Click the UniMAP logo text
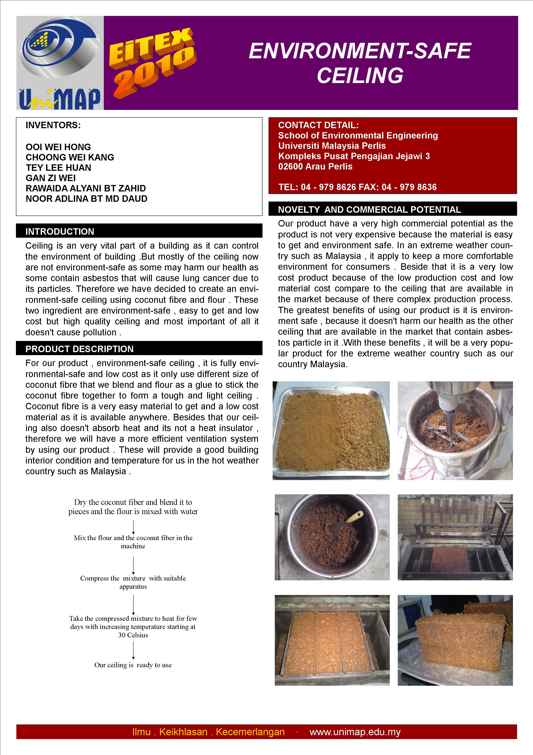pos(60,99)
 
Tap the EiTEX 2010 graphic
pos(152,62)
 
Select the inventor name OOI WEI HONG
pos(58,147)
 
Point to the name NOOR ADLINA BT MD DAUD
pos(87,199)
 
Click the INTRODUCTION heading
pos(60,231)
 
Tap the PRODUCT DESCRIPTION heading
pos(79,349)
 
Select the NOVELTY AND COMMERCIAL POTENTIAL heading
pos(369,210)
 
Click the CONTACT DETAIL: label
pos(318,125)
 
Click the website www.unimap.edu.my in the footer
pos(355,732)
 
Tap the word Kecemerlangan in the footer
pos(250,732)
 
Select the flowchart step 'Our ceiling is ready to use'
pos(133,665)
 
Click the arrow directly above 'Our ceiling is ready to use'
pos(133,650)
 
